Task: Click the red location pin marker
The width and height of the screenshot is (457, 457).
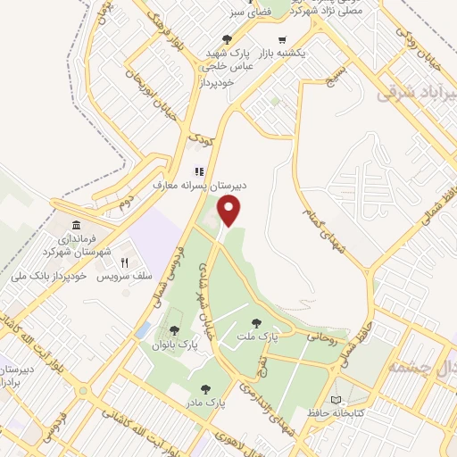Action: (x=230, y=212)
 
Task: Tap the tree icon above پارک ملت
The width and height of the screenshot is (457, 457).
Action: (x=257, y=323)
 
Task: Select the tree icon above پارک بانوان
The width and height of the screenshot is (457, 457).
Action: (x=174, y=331)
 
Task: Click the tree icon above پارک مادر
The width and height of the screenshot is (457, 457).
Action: (x=207, y=389)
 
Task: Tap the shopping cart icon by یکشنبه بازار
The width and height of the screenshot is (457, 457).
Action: (x=283, y=39)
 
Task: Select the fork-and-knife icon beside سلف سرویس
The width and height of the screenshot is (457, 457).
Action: (x=125, y=263)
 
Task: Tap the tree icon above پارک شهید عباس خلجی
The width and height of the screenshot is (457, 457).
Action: (x=227, y=38)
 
